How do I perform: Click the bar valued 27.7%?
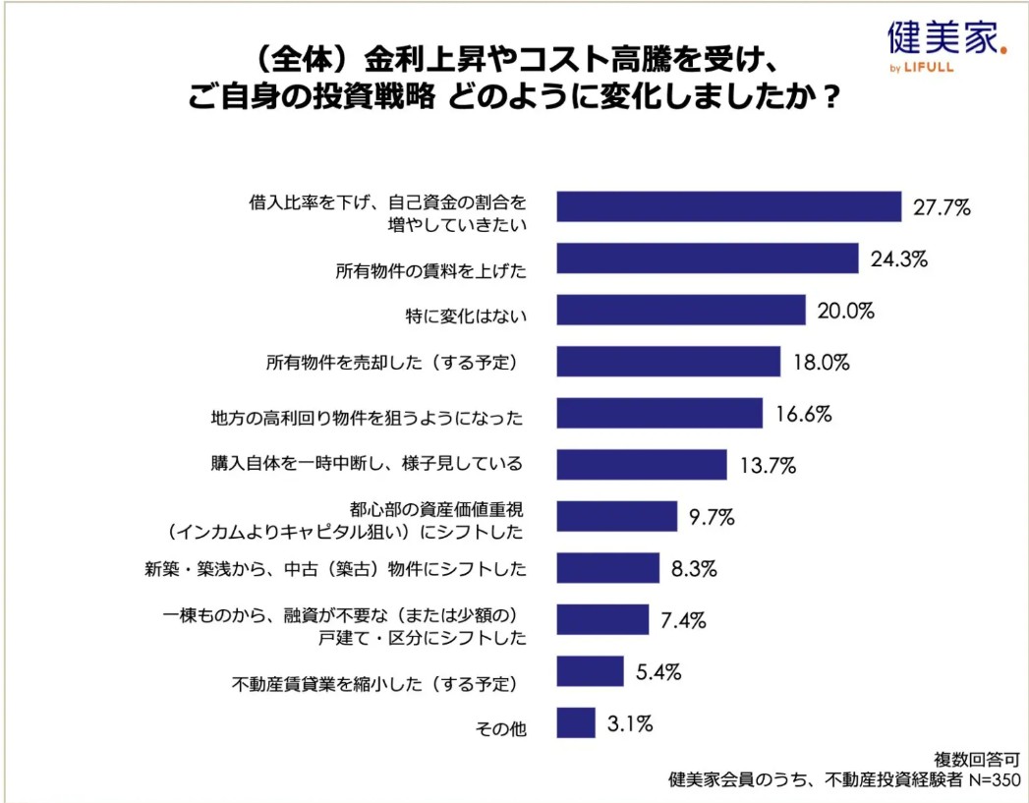pyautogui.click(x=728, y=206)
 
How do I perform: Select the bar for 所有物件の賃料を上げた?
pyautogui.click(x=708, y=258)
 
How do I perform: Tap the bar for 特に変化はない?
pyautogui.click(x=681, y=311)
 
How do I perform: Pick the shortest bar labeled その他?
pyautogui.click(x=576, y=723)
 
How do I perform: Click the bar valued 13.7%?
pyautogui.click(x=642, y=464)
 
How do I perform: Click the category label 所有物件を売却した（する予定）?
pyautogui.click(x=392, y=364)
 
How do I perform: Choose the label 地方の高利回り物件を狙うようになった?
pyautogui.click(x=367, y=417)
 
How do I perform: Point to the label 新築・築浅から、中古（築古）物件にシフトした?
pyautogui.click(x=334, y=568)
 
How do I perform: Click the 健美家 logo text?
pyautogui.click(x=943, y=38)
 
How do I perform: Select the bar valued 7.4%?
pyautogui.click(x=602, y=620)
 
